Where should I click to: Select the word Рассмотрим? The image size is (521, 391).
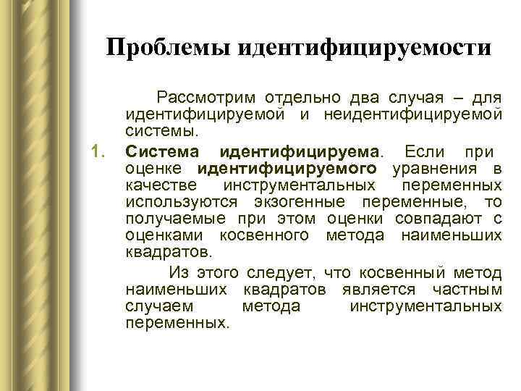click(207, 98)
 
